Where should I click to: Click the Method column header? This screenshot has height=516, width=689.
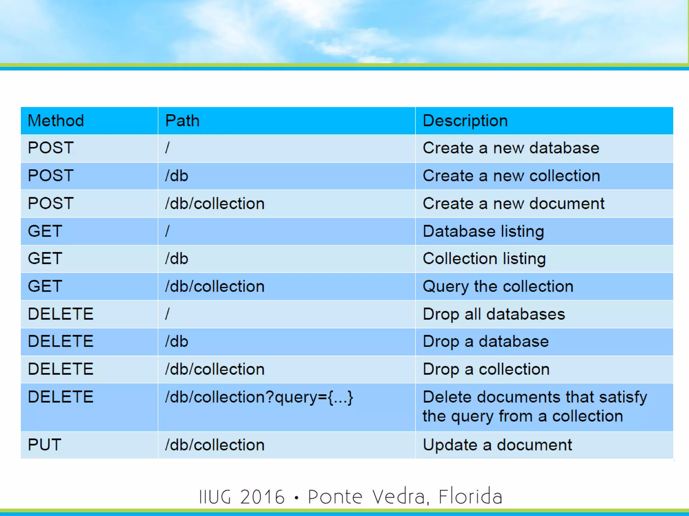point(56,121)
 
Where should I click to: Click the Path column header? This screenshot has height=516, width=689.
point(182,121)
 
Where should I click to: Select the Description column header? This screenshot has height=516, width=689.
point(465,121)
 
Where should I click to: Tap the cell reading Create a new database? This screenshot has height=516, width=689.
point(511,148)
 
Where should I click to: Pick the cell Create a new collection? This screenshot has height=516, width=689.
point(511,176)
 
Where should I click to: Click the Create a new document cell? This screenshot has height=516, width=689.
point(513,204)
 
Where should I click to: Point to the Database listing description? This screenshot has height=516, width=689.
point(483,231)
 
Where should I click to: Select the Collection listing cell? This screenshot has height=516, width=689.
point(484,259)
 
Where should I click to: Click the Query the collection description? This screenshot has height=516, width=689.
point(498,287)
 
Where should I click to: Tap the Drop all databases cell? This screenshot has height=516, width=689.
point(494,314)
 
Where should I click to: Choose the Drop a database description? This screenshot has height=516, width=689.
point(485,342)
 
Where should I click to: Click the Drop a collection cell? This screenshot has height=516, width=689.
point(486,369)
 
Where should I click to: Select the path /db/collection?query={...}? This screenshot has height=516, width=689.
point(259,397)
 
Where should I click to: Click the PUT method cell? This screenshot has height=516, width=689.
point(44,445)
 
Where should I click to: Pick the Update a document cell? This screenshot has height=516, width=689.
point(497,445)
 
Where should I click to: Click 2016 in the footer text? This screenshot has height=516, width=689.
point(262,497)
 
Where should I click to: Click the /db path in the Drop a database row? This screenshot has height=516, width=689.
point(176,342)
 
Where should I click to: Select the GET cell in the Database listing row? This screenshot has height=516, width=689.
point(45,231)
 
